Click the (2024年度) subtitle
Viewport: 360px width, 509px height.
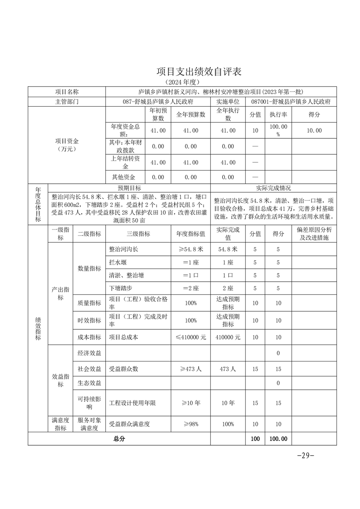(183, 82)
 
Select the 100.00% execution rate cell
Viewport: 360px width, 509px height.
(278, 131)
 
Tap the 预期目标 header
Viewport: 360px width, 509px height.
(129, 188)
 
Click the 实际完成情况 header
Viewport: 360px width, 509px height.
(274, 188)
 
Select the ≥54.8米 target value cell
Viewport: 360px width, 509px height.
(190, 249)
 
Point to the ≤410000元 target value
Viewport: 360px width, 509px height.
(190, 337)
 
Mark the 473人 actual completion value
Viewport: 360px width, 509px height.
(227, 369)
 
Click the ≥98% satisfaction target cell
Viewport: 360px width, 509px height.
(190, 424)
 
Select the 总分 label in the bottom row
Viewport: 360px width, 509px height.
(119, 439)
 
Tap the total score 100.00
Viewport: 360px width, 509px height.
(278, 439)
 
